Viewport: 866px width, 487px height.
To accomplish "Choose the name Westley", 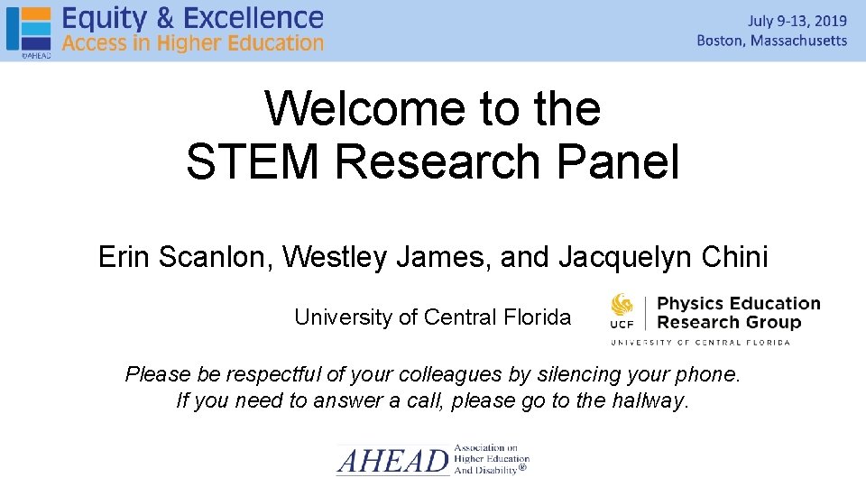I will click(x=335, y=258).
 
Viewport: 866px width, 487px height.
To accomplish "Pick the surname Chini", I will click(x=738, y=258).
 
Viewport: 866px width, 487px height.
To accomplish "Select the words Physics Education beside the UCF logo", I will click(x=739, y=303).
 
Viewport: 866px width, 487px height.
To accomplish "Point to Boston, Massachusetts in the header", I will click(x=772, y=41).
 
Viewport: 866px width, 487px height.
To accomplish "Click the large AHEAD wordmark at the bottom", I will click(x=392, y=462).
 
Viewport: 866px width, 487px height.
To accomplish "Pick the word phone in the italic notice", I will click(x=707, y=374).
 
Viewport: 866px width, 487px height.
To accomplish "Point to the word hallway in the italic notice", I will click(x=649, y=400).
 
